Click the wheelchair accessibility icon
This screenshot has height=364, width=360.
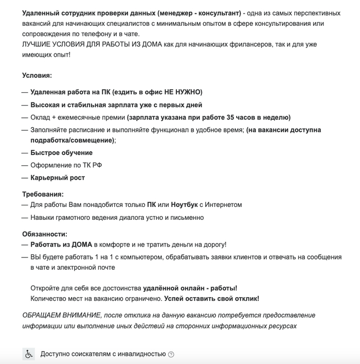coord(29,354)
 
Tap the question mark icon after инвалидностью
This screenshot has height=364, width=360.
coord(171,354)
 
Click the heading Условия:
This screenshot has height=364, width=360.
coord(37,75)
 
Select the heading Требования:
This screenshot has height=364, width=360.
coord(43,194)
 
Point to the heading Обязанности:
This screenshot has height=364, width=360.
coord(45,233)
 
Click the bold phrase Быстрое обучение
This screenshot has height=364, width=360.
coord(61,153)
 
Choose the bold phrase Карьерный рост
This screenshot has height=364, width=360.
coord(58,178)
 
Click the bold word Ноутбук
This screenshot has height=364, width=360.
coord(187,205)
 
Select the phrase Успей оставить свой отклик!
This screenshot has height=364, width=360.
coord(211,298)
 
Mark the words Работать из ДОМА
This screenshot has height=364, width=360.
coord(61,245)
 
